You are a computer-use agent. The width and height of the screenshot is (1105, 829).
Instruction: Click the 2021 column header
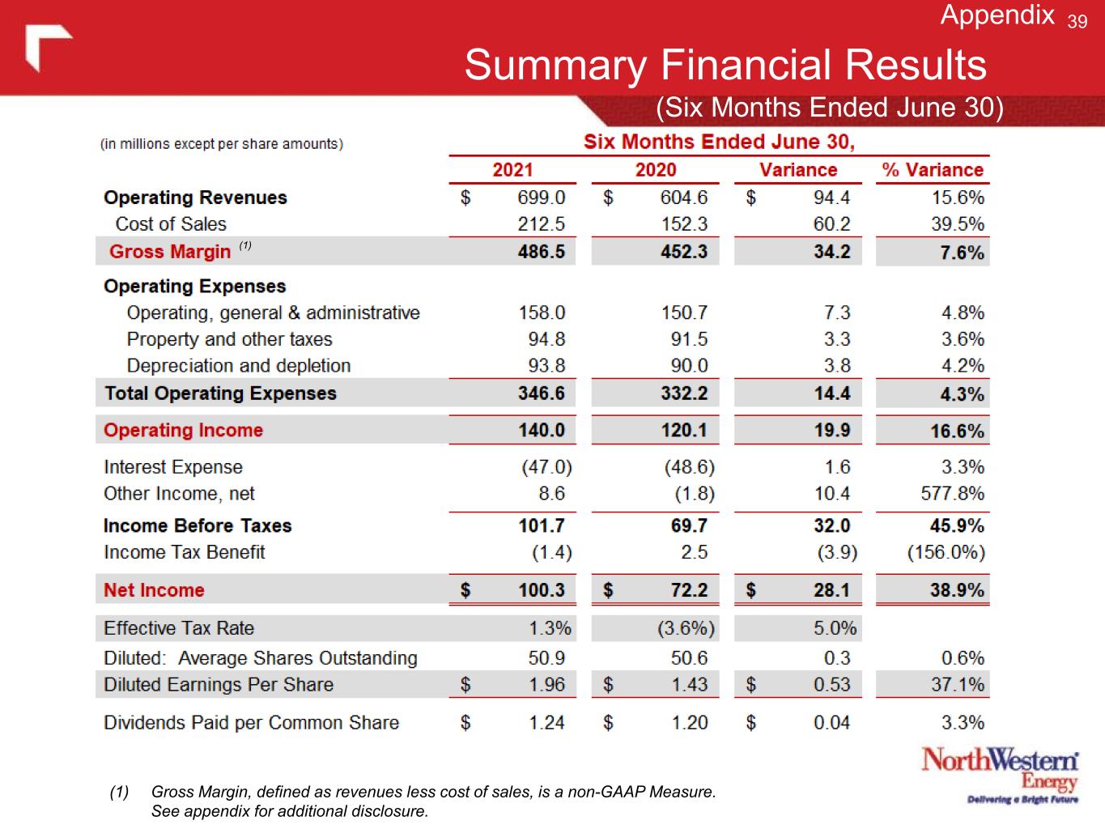click(512, 170)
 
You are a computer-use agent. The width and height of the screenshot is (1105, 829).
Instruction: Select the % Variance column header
click(933, 170)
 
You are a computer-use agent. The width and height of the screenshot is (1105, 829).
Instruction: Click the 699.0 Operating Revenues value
click(541, 198)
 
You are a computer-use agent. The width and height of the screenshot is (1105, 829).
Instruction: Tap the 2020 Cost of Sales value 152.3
click(684, 224)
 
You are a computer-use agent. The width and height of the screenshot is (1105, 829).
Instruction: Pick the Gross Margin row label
click(170, 252)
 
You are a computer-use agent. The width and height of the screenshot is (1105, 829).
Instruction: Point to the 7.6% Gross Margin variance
click(962, 253)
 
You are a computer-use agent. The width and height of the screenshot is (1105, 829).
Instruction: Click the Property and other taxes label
click(229, 339)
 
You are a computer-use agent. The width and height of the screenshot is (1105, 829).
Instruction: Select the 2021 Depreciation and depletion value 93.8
click(546, 366)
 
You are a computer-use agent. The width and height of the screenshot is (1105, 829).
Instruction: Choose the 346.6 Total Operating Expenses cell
click(541, 393)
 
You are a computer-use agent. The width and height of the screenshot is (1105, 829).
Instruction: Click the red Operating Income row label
click(183, 431)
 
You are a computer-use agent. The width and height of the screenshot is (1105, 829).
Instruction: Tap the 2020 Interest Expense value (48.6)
click(689, 467)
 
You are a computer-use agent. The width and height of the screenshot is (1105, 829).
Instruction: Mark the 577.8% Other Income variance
click(952, 494)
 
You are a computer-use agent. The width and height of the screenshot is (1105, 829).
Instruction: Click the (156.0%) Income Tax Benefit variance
click(946, 553)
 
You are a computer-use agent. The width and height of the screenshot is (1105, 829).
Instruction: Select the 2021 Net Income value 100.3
click(541, 590)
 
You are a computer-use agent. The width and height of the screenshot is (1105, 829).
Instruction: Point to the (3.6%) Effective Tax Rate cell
click(689, 628)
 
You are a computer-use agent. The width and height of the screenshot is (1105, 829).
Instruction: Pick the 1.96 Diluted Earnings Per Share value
click(546, 685)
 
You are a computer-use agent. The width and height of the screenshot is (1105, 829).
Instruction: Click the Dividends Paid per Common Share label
click(251, 723)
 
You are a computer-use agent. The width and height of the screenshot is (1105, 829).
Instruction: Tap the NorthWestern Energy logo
click(1001, 776)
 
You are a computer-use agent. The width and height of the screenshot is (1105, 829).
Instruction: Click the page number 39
click(1077, 22)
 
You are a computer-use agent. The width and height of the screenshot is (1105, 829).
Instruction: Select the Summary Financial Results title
click(725, 65)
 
